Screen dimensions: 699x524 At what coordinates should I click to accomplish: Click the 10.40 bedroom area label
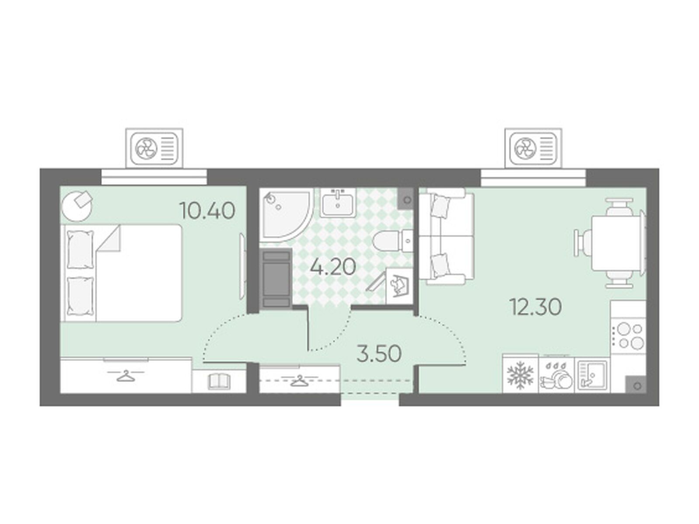(x=208, y=210)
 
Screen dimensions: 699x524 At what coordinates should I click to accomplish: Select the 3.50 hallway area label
(x=379, y=353)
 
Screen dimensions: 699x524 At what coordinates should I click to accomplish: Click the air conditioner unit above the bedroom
(x=154, y=148)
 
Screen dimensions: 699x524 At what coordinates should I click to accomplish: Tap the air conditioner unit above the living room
(x=533, y=148)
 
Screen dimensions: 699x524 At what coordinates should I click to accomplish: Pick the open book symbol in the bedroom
(x=219, y=382)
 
